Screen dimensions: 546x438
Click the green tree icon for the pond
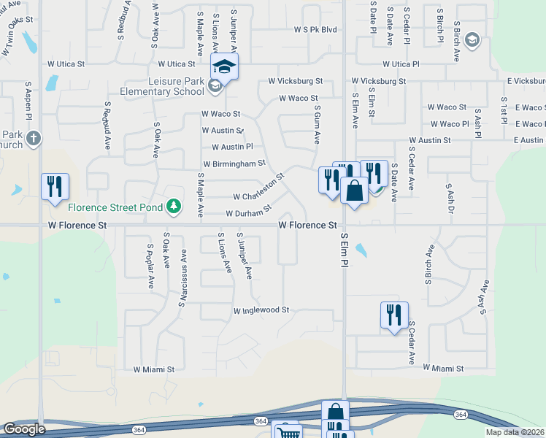click(174, 207)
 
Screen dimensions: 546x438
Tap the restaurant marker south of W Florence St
click(394, 315)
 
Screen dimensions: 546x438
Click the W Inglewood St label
click(261, 310)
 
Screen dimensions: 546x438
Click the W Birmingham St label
click(234, 164)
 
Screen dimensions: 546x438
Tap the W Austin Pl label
click(232, 146)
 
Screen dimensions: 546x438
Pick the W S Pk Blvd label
click(315, 30)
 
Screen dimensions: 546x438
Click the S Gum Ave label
click(318, 124)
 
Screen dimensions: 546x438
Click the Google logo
click(24, 429)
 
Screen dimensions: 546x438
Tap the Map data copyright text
click(515, 432)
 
